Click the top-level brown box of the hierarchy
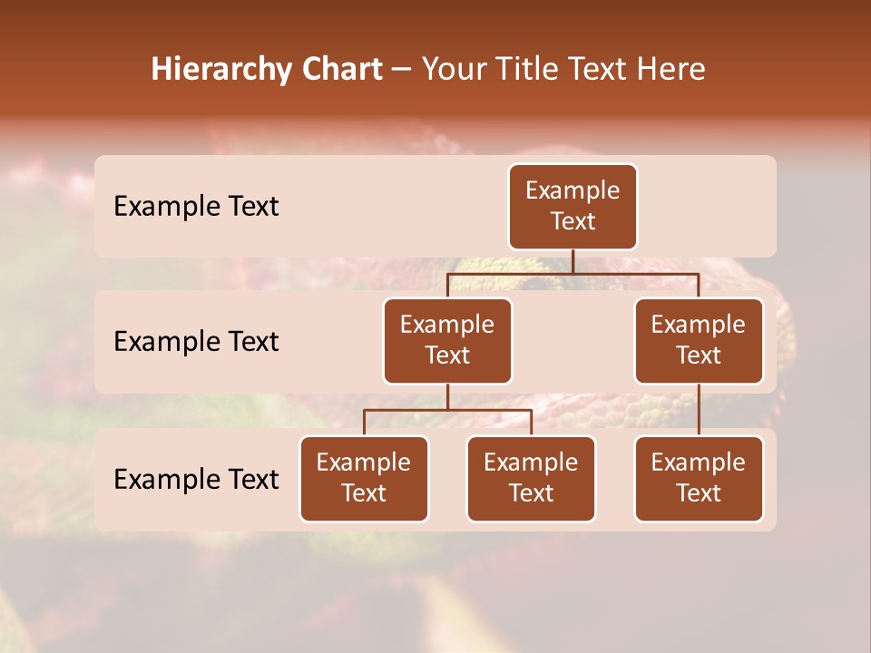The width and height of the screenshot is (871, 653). pyautogui.click(x=573, y=207)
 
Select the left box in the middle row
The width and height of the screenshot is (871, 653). pyautogui.click(x=447, y=341)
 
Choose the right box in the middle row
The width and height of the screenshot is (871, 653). pyautogui.click(x=699, y=341)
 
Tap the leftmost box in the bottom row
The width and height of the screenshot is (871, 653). pyautogui.click(x=364, y=479)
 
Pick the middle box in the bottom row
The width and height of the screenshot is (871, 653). pyautogui.click(x=531, y=479)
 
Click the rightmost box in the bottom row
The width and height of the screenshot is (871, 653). pyautogui.click(x=699, y=479)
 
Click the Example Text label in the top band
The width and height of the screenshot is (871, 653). pyautogui.click(x=196, y=207)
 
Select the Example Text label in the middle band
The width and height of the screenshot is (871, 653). pyautogui.click(x=196, y=342)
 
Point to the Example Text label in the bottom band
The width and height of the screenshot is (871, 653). pyautogui.click(x=196, y=479)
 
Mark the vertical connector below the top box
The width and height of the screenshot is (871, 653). pyautogui.click(x=573, y=261)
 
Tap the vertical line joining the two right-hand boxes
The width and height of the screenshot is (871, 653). pyautogui.click(x=699, y=410)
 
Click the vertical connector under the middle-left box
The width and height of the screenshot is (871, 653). pyautogui.click(x=447, y=396)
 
